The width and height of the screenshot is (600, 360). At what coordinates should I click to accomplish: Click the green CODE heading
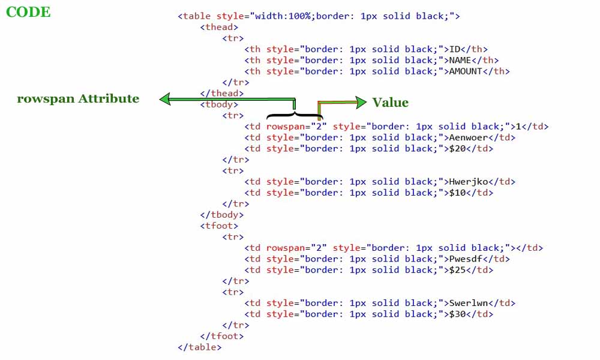coord(28,12)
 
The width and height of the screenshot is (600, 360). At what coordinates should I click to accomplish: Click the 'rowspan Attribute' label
coord(78,99)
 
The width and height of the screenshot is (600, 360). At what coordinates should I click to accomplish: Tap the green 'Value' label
coord(390,103)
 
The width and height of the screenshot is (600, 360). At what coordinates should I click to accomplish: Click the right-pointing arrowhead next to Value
coord(360,103)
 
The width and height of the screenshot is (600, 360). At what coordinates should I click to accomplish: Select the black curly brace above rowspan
coord(294,113)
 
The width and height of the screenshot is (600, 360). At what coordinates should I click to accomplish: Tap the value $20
coord(458,148)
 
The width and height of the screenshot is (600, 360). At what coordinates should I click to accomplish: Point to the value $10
coord(458,193)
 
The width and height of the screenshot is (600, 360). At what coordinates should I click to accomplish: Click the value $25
coord(458,270)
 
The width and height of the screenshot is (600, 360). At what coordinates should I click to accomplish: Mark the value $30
coord(458,314)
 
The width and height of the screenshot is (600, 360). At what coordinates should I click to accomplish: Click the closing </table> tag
coord(200,347)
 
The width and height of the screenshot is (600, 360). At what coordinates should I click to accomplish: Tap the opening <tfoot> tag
coord(219,226)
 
